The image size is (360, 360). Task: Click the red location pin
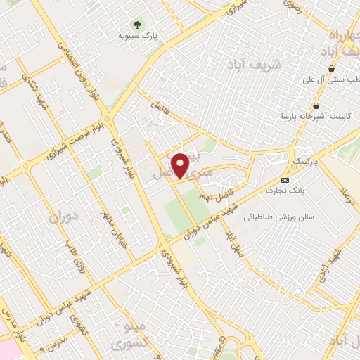pos(181,166)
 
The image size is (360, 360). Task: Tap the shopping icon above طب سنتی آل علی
pos(331,69)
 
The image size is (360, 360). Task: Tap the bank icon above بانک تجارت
pos(285,179)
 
